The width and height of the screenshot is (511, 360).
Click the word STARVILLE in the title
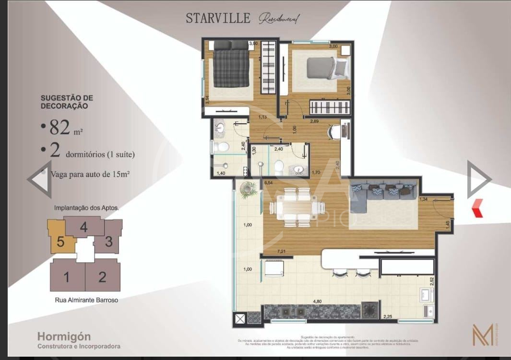[218, 19]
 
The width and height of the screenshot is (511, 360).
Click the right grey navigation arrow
[479, 179]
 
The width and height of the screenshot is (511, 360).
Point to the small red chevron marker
[477, 209]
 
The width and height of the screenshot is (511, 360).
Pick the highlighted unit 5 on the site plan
[60, 241]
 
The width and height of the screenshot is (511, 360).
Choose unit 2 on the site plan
[102, 277]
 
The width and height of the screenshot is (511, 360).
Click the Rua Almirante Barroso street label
[86, 300]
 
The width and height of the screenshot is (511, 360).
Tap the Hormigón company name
[64, 337]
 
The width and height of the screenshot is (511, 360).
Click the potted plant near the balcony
[249, 189]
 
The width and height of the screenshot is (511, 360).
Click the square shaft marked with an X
[239, 318]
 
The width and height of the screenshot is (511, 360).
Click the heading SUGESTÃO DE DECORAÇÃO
[67, 102]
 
